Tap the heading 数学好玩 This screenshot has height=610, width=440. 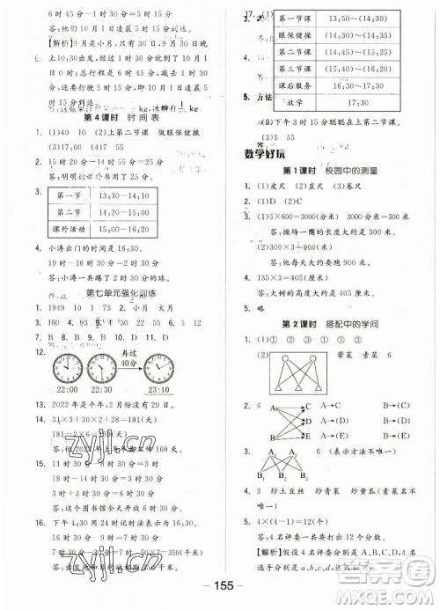262,154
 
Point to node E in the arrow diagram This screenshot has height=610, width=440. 305,435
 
